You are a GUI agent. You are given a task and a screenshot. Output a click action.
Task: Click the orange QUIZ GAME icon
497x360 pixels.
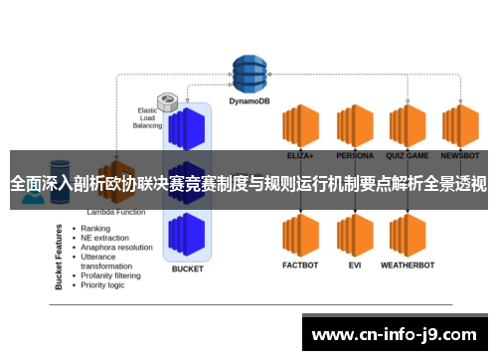pyautogui.click(x=408, y=127)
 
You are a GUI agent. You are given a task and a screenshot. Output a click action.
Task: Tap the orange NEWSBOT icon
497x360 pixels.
pyautogui.click(x=460, y=127)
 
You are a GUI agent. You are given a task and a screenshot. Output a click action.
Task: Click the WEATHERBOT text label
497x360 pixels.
pyautogui.click(x=408, y=266)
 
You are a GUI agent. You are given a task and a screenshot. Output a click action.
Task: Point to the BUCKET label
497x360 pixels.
pyautogui.click(x=187, y=269)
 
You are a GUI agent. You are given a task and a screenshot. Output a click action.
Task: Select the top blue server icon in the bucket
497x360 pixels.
pyautogui.click(x=187, y=128)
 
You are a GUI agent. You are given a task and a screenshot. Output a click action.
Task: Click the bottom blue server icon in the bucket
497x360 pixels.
pyautogui.click(x=187, y=235)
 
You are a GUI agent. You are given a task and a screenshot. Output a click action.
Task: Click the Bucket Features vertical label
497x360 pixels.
pyautogui.click(x=58, y=256)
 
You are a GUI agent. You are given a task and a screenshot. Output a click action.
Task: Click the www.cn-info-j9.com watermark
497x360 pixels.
pyautogui.click(x=395, y=333)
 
